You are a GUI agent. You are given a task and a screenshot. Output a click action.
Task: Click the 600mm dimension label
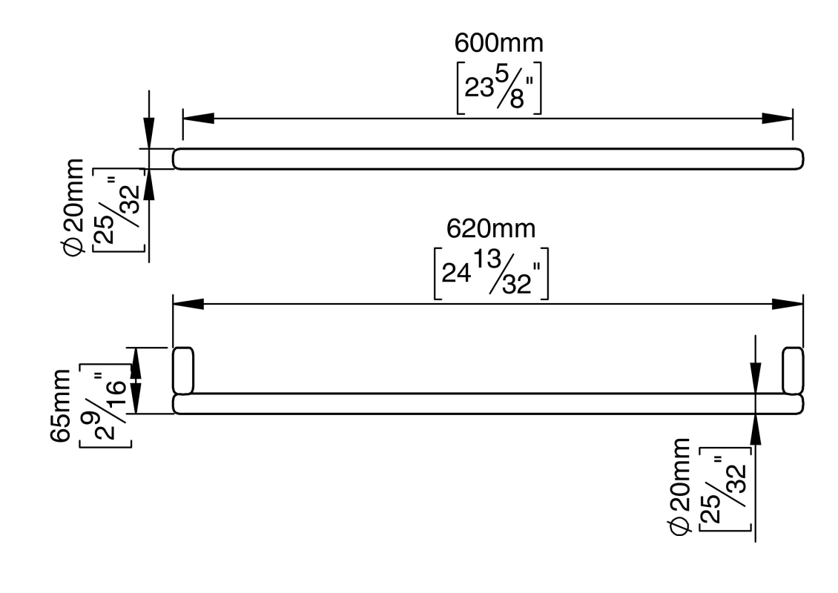point(498,44)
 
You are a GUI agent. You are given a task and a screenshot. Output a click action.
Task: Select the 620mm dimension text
point(490,228)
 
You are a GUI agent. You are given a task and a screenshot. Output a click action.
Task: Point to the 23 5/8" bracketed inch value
point(498,88)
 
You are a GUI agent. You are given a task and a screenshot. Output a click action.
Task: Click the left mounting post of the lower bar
point(182,370)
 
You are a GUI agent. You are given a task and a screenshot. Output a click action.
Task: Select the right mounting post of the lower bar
point(793,370)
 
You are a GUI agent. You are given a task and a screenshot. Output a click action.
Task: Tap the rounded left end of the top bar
point(178,159)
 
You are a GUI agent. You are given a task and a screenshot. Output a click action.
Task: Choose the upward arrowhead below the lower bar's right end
point(754,428)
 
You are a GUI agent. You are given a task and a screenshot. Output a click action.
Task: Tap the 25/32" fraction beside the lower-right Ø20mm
point(722,489)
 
